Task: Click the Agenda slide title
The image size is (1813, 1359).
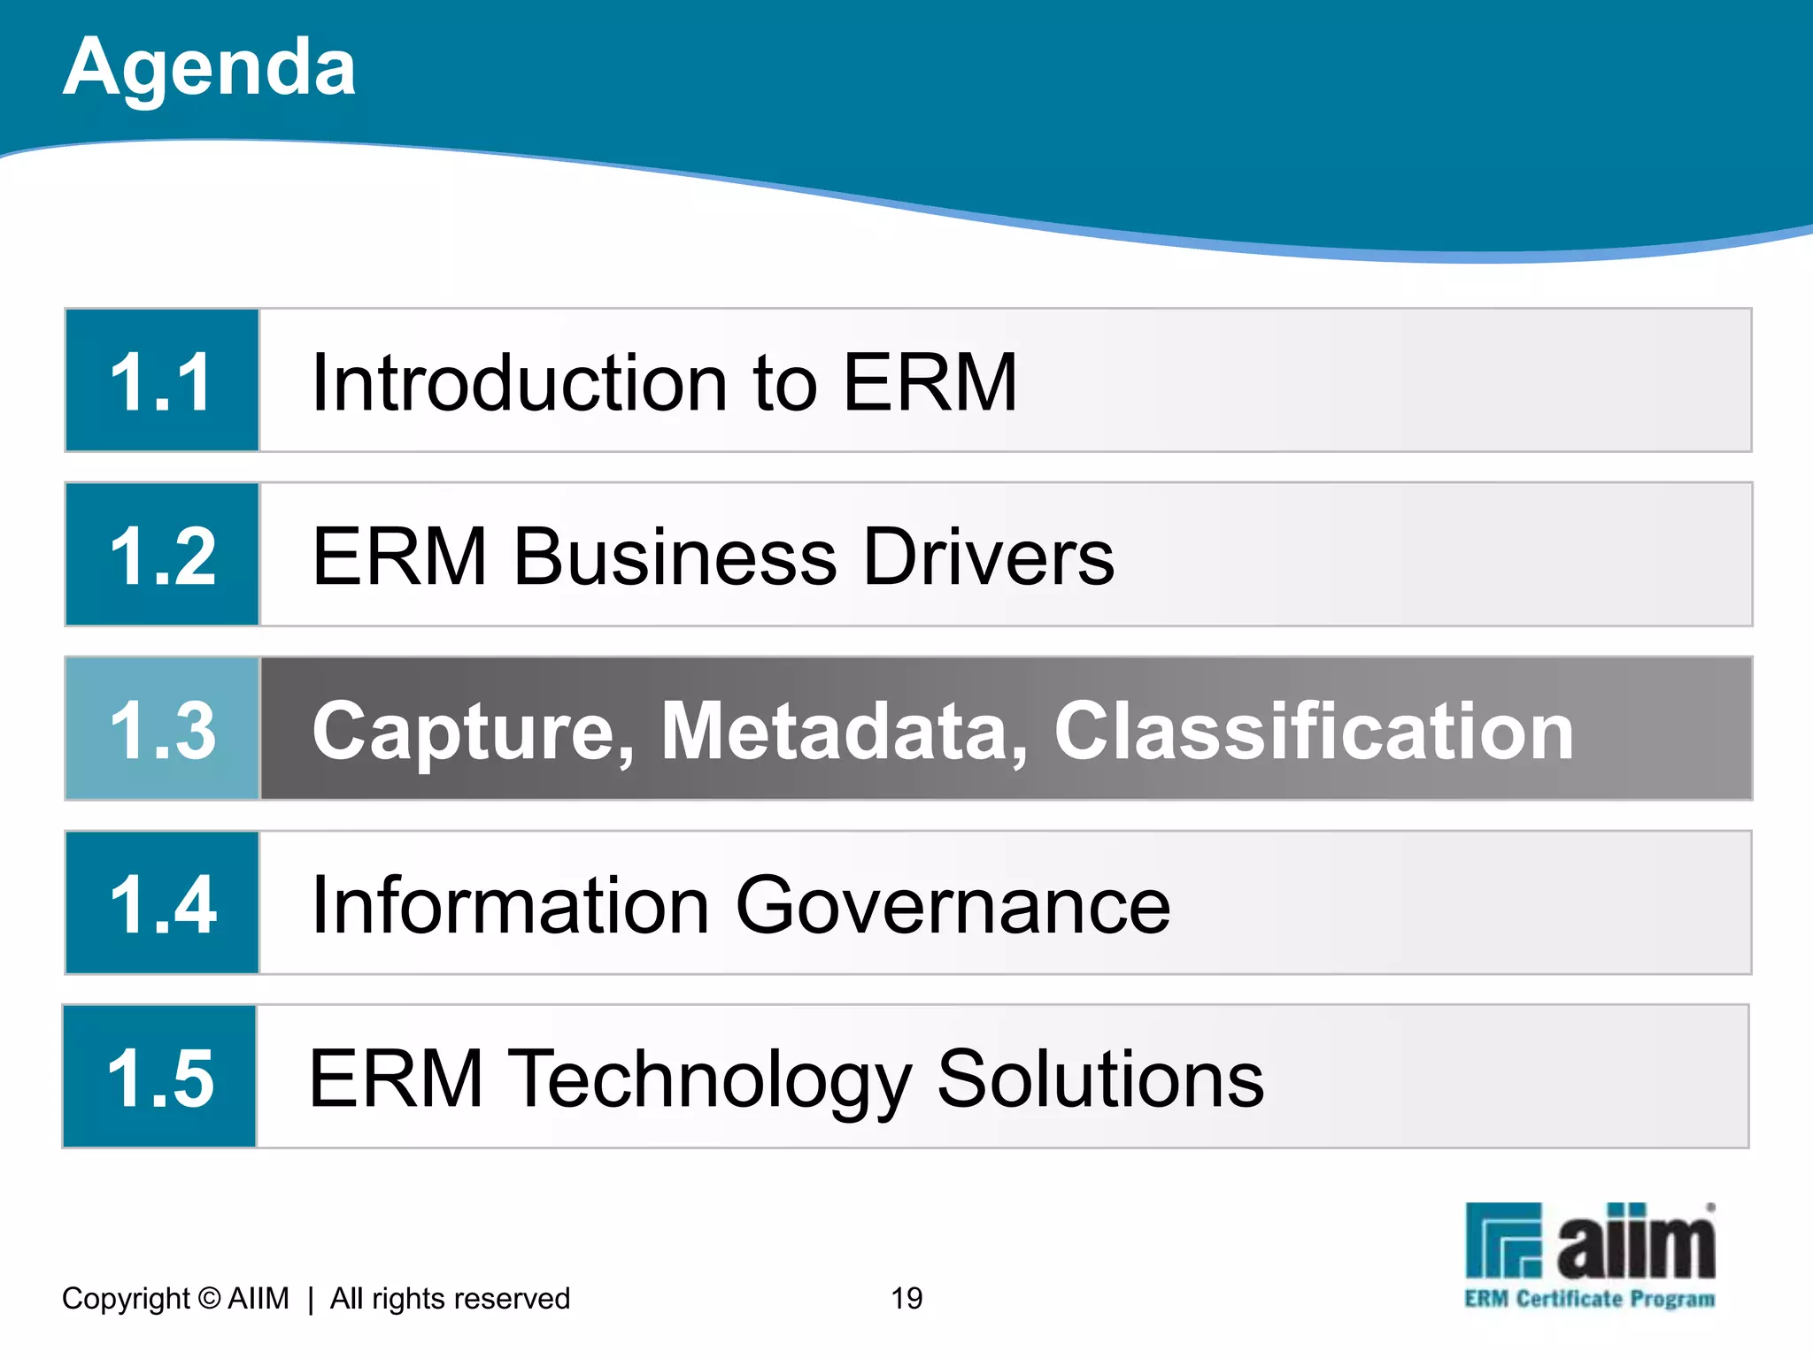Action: (209, 67)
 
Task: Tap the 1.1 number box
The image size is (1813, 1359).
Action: (161, 381)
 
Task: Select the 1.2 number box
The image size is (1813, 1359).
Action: (162, 556)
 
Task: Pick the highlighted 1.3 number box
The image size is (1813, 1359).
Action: (163, 729)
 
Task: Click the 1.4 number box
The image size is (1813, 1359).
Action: (162, 903)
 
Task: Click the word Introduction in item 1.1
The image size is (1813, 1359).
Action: (520, 382)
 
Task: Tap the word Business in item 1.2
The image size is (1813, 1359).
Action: (675, 557)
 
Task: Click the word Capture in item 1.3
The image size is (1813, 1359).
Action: (473, 731)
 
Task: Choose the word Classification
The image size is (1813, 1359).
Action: (1314, 731)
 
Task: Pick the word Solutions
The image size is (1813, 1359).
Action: (1100, 1079)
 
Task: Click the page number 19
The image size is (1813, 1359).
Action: (906, 1298)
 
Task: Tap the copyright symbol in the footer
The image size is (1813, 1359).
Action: (209, 1298)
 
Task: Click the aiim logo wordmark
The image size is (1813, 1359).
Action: (1635, 1242)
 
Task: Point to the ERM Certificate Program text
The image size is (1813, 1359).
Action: (1589, 1299)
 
